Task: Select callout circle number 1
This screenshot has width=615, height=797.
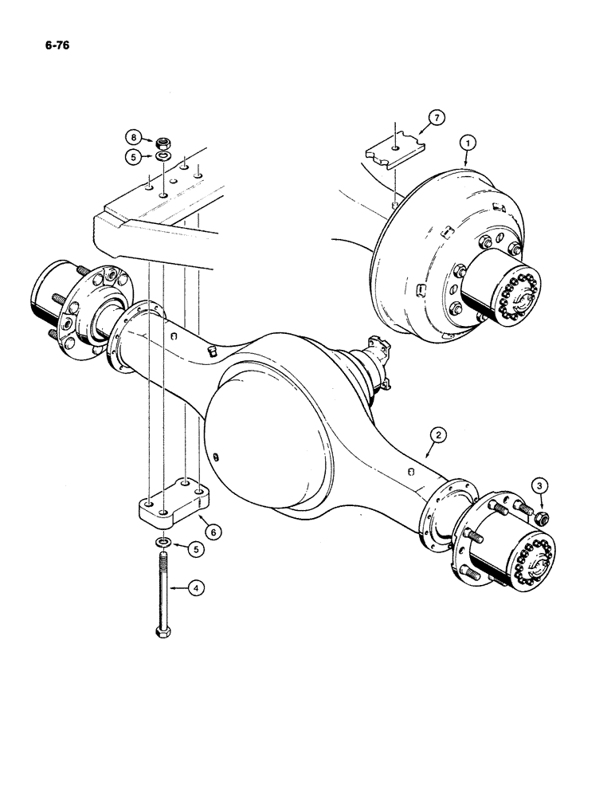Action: click(x=469, y=142)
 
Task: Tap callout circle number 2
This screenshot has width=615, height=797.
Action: click(x=437, y=434)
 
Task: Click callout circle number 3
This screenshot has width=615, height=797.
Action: click(x=540, y=485)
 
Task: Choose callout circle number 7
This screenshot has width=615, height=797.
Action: click(x=435, y=118)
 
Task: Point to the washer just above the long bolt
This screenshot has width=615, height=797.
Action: click(x=162, y=544)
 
